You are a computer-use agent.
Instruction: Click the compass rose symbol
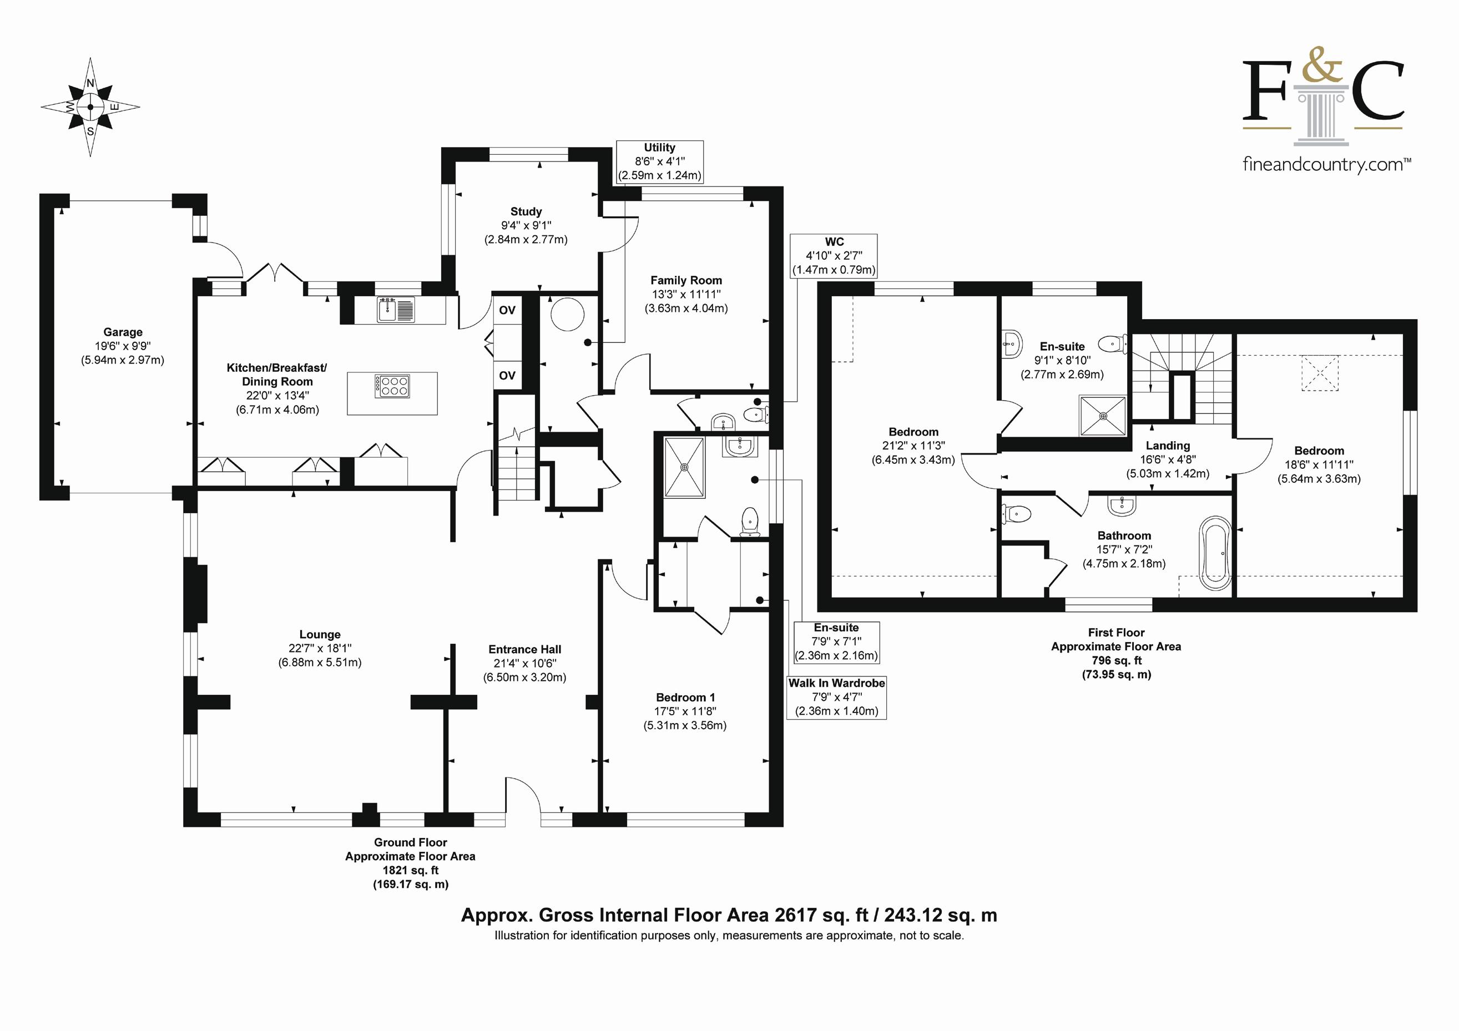click(90, 107)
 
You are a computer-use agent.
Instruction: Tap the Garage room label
click(123, 332)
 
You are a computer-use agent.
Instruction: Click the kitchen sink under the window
click(395, 310)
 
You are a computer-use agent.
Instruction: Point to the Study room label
click(526, 211)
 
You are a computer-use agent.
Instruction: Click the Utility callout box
click(660, 161)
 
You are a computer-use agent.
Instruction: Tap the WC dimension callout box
click(834, 255)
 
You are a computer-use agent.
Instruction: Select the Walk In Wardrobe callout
click(836, 698)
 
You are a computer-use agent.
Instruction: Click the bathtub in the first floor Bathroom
click(1215, 553)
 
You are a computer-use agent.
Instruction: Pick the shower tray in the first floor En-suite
click(1103, 416)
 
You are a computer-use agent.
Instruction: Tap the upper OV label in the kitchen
click(507, 310)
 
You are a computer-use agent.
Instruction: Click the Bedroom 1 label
click(685, 698)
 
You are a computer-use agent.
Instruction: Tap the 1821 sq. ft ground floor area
click(411, 870)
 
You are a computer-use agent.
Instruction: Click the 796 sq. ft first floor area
click(1117, 661)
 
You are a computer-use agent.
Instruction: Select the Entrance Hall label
click(525, 649)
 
